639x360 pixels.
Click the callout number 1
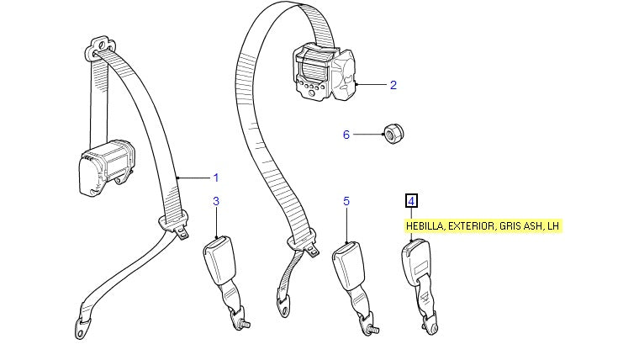coord(215,177)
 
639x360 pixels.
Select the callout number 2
coord(393,84)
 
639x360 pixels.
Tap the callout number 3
coord(216,201)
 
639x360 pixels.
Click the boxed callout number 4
coord(411,201)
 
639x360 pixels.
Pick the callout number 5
coord(346,201)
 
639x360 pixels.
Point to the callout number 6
coord(346,135)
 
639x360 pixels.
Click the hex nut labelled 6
coord(391,132)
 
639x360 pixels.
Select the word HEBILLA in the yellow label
coord(425,225)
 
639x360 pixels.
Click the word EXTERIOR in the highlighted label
coord(471,225)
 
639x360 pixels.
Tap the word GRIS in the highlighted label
coord(510,225)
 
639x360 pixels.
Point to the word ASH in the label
coord(534,225)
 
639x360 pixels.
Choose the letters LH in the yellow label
coord(553,225)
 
